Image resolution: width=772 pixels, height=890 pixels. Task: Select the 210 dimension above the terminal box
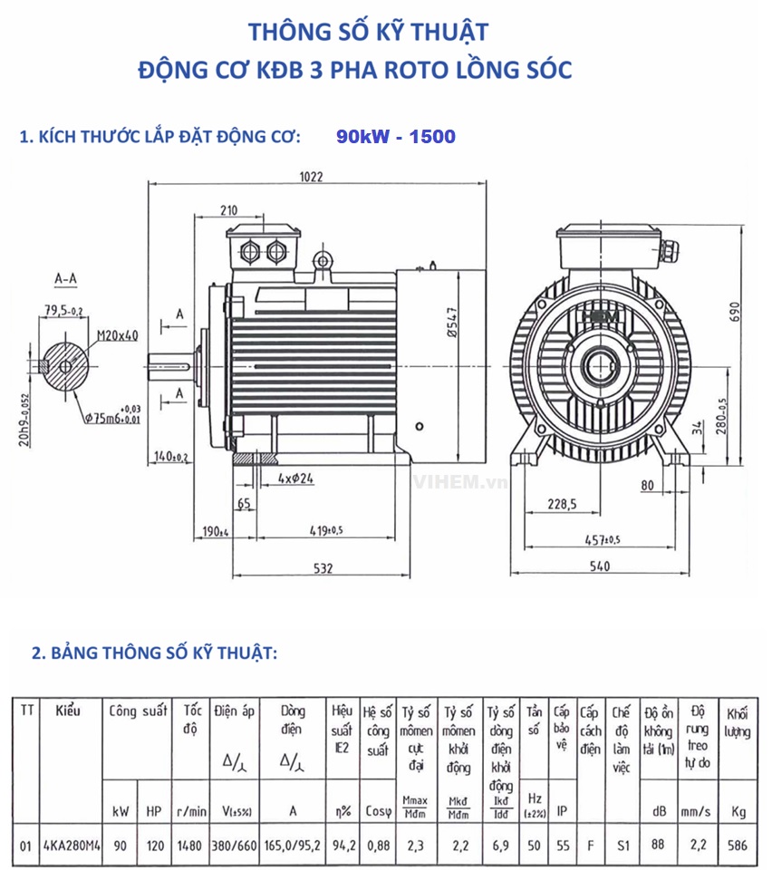[x=228, y=210]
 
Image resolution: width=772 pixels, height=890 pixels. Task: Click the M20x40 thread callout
[x=118, y=335]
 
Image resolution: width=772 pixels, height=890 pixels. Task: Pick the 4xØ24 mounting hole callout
[x=295, y=479]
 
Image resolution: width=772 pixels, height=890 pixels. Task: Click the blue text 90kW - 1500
[x=395, y=137]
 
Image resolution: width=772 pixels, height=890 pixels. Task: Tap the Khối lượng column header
[x=737, y=722]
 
